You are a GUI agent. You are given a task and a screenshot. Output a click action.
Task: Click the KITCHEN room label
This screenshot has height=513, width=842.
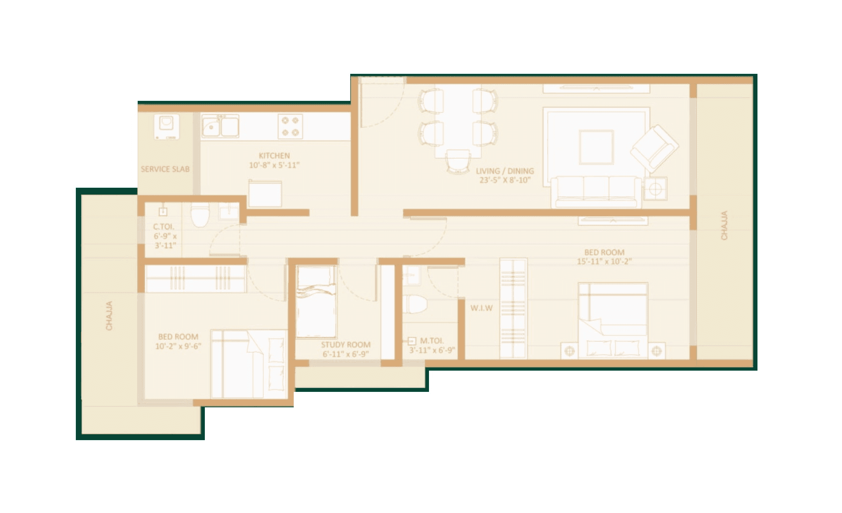[x=274, y=156]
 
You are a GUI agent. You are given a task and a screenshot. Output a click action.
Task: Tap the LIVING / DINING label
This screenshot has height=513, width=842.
[x=505, y=171]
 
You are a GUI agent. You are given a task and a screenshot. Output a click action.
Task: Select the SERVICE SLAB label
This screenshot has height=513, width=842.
[x=165, y=169]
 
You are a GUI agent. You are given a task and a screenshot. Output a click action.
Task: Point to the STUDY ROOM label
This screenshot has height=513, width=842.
[x=346, y=345]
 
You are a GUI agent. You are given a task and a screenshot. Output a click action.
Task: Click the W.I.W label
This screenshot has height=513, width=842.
[x=482, y=308]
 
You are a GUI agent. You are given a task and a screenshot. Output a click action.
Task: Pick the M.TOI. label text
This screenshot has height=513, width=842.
[x=431, y=341]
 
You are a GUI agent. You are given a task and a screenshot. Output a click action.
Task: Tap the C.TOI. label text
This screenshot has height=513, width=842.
[x=163, y=226]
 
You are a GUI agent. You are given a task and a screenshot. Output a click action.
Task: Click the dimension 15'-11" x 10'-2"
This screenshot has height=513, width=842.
[x=604, y=262]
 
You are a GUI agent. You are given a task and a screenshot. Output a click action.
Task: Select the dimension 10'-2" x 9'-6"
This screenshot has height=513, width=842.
[x=178, y=346]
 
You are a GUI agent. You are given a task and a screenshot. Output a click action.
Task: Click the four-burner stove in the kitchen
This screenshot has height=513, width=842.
[x=290, y=126]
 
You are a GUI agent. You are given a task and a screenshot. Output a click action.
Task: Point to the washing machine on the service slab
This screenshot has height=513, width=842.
[x=167, y=126]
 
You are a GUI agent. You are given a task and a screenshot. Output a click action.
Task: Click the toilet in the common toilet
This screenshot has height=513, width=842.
[x=199, y=216]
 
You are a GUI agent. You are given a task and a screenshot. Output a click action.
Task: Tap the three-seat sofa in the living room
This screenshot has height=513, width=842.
[x=596, y=191]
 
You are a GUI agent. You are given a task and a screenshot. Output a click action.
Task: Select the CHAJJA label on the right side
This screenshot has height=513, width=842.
[x=724, y=225]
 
